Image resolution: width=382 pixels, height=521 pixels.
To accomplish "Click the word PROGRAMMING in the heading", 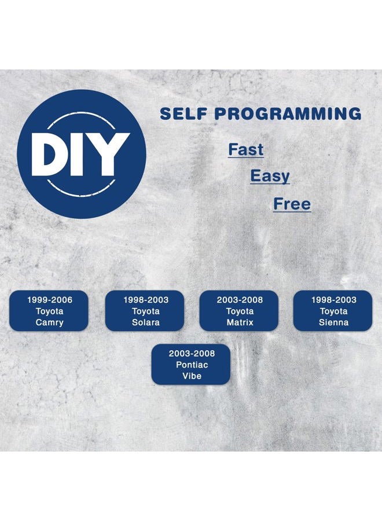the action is pyautogui.click(x=288, y=113).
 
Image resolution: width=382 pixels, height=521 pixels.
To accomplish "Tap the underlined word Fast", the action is pyautogui.click(x=246, y=149).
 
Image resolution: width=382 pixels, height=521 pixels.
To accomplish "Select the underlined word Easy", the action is pyautogui.click(x=270, y=176).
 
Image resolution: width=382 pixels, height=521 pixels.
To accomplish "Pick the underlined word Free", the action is pyautogui.click(x=292, y=204).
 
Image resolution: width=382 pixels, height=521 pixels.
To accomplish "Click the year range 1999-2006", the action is pyautogui.click(x=50, y=300).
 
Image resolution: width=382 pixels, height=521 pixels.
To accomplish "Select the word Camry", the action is pyautogui.click(x=50, y=322).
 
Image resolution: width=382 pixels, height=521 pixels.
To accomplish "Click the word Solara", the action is pyautogui.click(x=145, y=322).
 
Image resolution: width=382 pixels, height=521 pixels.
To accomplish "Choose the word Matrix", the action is pyautogui.click(x=240, y=322).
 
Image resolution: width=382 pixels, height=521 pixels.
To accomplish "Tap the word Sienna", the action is pyautogui.click(x=333, y=322).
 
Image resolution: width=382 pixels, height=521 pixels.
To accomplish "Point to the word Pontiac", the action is pyautogui.click(x=192, y=365).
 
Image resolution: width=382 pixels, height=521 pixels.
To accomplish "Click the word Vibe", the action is pyautogui.click(x=192, y=376).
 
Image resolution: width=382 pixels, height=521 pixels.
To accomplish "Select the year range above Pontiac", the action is pyautogui.click(x=192, y=354).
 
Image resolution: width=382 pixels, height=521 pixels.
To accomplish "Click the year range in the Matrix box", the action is pyautogui.click(x=240, y=300).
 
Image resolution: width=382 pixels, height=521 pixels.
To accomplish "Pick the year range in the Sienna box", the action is pyautogui.click(x=333, y=300).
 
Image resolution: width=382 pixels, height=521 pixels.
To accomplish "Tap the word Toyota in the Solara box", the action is pyautogui.click(x=145, y=311).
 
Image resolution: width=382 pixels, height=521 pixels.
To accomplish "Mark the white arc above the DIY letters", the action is pyautogui.click(x=82, y=113).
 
